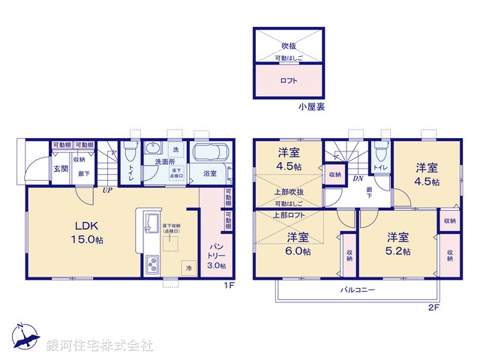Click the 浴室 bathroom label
[211, 174]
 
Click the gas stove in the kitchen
[152, 265]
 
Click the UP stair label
[109, 190]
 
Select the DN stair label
[358, 178]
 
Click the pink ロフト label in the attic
[289, 80]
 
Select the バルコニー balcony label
[358, 289]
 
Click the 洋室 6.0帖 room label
[298, 244]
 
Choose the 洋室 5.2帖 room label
[398, 244]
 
